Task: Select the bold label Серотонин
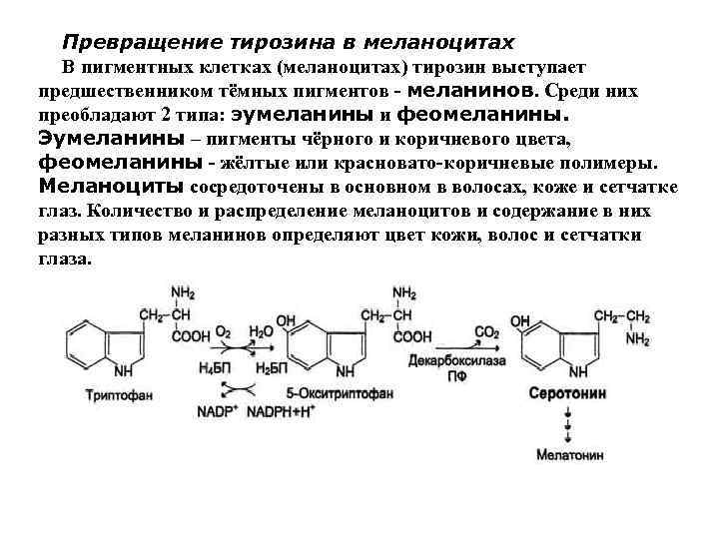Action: point(567,394)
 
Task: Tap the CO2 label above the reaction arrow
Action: point(486,331)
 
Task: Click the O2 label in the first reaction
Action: point(224,331)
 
